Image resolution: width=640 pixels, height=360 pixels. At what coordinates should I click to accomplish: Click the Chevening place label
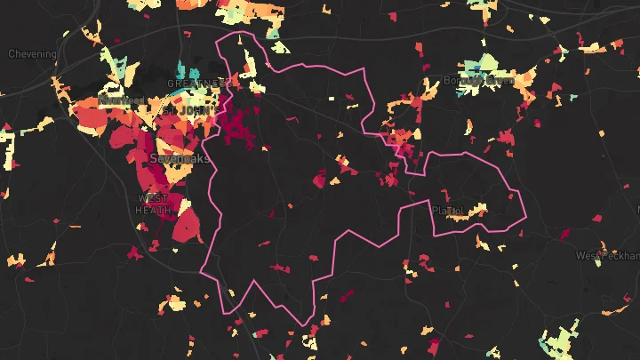tap(32, 54)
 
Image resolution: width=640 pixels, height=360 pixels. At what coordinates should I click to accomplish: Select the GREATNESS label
tap(193, 84)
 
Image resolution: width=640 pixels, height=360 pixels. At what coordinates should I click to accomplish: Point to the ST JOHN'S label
tap(188, 110)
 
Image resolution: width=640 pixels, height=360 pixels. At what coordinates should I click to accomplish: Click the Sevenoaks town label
tap(180, 158)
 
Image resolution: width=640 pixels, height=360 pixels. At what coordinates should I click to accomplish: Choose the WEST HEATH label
tap(153, 204)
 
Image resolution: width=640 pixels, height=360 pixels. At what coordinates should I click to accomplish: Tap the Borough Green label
tap(479, 81)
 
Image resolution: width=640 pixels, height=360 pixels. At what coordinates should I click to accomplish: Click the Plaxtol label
tap(448, 211)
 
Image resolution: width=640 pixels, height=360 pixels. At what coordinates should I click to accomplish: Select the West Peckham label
tap(607, 256)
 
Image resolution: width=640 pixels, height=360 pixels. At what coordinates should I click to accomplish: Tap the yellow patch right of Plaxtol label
tap(477, 211)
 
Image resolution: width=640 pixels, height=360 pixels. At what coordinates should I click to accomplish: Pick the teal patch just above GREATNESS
tap(182, 70)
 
